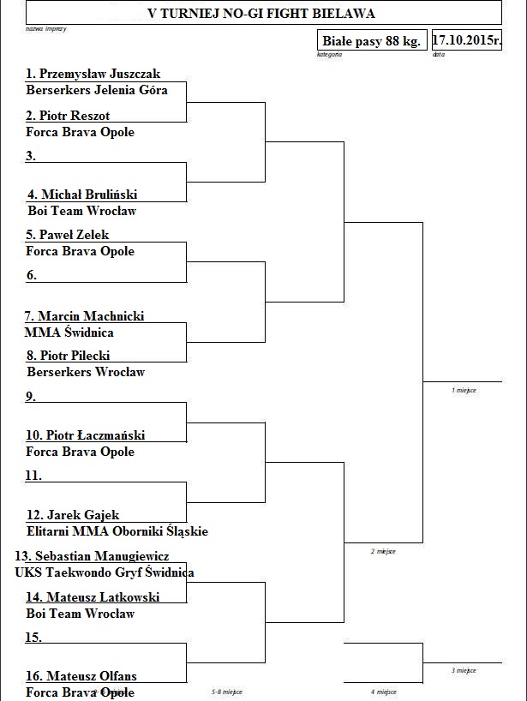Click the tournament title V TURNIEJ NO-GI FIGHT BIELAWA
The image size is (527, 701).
[x=261, y=13]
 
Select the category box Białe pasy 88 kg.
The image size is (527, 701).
[x=371, y=41]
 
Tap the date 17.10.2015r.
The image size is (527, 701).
[x=466, y=40]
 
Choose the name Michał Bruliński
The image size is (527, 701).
[x=88, y=195]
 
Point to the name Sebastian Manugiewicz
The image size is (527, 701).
[x=108, y=556]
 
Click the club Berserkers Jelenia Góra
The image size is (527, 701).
[x=97, y=89]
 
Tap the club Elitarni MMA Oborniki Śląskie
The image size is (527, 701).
[x=117, y=531]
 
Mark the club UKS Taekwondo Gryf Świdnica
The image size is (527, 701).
[x=104, y=572]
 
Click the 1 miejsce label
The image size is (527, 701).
[x=464, y=390]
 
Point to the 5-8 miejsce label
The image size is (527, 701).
[x=226, y=692]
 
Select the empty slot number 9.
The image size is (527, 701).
[x=31, y=396]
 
